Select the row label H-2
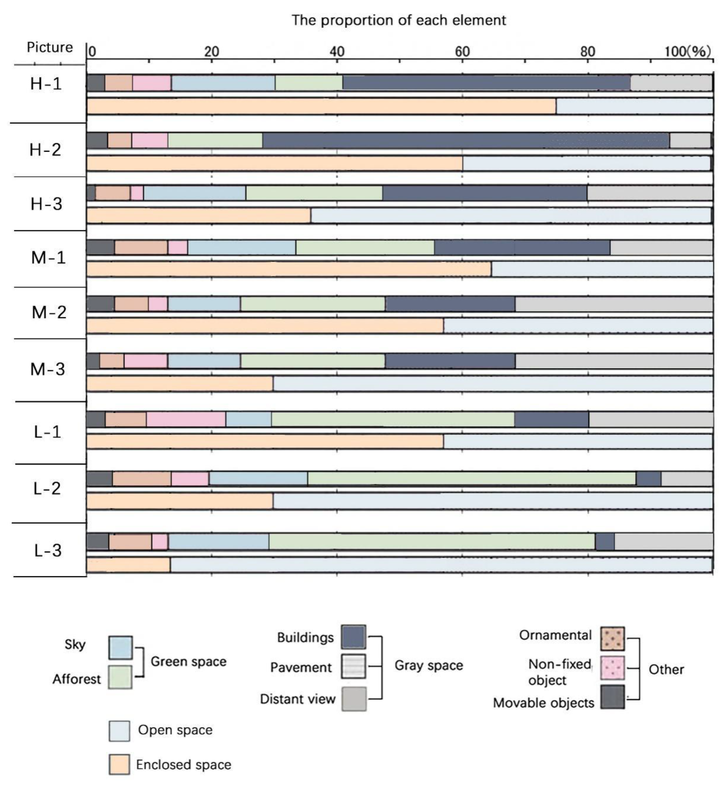click(45, 150)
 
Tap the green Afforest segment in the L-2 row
click(471, 479)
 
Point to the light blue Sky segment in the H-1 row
click(223, 83)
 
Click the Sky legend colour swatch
click(120, 648)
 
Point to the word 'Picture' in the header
click(50, 47)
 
